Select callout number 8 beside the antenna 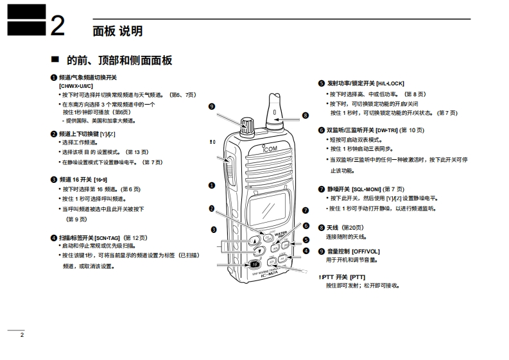306,116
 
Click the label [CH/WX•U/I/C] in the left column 76,85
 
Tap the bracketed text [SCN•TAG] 107,237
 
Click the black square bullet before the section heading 55,60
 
